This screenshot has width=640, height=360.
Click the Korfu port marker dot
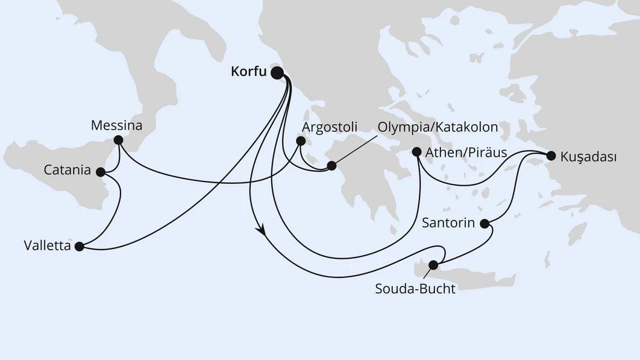[277, 73]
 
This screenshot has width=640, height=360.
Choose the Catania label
[67, 171]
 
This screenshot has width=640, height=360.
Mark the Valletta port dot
[79, 246]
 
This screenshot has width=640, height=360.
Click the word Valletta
[46, 246]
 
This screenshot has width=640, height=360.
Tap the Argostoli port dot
[300, 142]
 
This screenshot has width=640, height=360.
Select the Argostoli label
[330, 127]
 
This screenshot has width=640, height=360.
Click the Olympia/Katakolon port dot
[331, 165]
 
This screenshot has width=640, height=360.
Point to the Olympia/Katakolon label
[438, 127]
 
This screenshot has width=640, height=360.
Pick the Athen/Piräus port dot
[416, 152]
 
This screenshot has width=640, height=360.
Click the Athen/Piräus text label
[466, 152]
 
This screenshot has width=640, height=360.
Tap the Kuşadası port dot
[550, 156]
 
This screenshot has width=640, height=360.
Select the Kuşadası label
[588, 157]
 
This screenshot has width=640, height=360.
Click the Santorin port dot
[485, 224]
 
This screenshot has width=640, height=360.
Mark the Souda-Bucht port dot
[433, 265]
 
